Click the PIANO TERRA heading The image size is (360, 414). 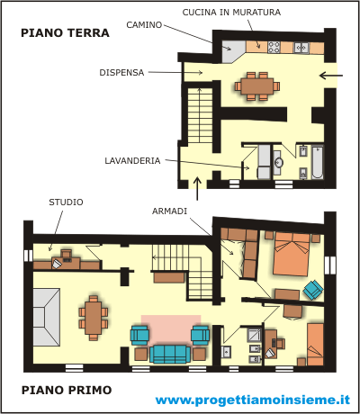click(65, 32)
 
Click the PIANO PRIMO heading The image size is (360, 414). click(67, 391)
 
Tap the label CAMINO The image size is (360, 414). click(144, 25)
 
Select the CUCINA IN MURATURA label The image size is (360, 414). click(231, 13)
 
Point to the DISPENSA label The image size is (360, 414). click(121, 73)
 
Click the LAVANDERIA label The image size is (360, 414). click(132, 161)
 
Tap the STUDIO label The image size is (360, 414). click(66, 202)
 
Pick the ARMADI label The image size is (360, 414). click(169, 211)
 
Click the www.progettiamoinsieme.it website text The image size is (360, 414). click(253, 400)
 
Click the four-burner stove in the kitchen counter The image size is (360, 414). click(274, 47)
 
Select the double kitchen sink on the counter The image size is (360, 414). click(301, 48)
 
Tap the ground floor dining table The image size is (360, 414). click(257, 86)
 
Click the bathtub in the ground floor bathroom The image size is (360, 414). click(318, 162)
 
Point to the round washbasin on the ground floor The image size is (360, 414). click(279, 162)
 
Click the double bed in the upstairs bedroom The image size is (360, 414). click(292, 255)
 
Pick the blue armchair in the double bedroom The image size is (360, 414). click(313, 290)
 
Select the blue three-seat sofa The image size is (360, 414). click(170, 355)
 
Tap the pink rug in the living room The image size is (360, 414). click(171, 329)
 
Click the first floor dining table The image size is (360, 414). click(94, 318)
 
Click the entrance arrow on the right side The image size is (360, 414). click(331, 76)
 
